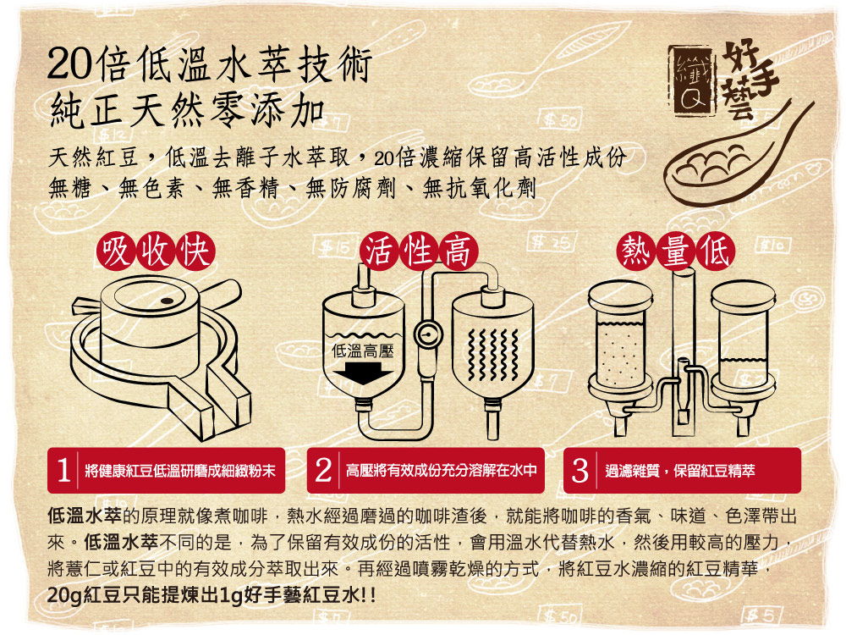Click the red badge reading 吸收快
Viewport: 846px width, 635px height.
(156, 251)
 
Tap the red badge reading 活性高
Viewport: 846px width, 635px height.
(419, 251)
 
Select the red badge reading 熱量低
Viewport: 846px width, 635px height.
(675, 251)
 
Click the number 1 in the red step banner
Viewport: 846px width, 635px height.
(63, 470)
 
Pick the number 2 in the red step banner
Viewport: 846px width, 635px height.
(322, 470)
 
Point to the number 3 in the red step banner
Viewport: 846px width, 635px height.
(580, 470)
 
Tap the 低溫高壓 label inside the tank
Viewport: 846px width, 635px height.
(363, 351)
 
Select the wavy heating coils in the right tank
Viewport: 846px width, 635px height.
(492, 354)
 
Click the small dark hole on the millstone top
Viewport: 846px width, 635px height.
(168, 301)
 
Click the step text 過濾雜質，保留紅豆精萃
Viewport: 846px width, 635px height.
(680, 471)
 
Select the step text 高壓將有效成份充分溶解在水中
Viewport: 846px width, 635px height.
(442, 471)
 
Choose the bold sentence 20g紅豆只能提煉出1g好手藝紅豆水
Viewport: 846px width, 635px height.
(211, 595)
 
